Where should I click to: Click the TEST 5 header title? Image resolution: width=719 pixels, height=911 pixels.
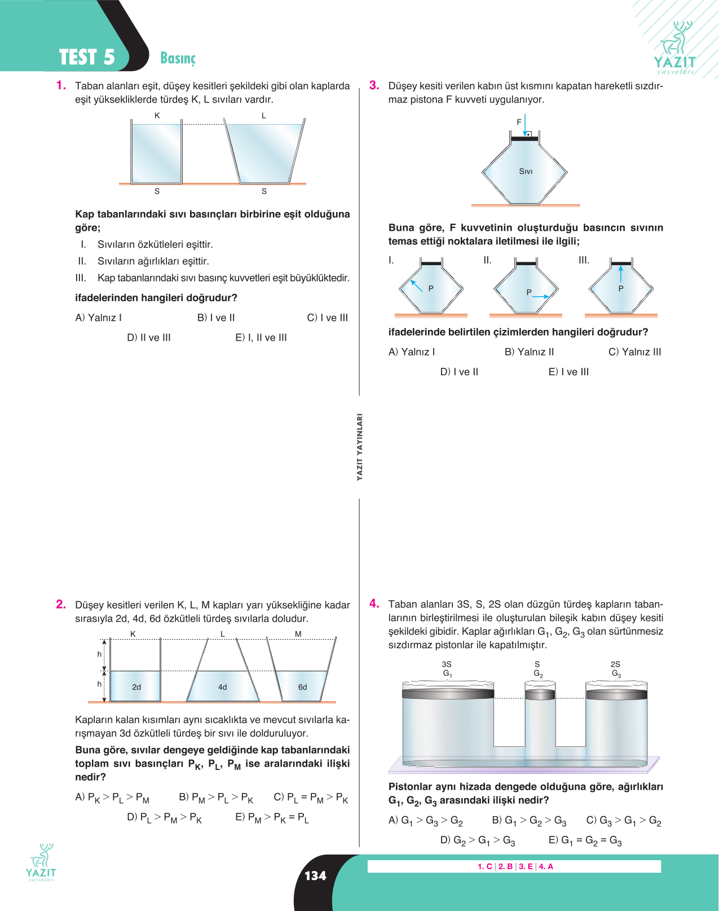click(x=87, y=57)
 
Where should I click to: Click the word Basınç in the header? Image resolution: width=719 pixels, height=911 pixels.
click(x=178, y=58)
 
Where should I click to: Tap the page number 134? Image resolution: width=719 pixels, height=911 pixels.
click(x=315, y=875)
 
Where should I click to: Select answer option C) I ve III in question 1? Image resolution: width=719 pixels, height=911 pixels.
click(x=327, y=318)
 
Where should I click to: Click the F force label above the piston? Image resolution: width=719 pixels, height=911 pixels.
click(x=519, y=122)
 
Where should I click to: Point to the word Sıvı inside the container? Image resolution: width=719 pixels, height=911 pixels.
click(x=526, y=171)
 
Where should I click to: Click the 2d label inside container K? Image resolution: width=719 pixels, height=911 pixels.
click(x=136, y=687)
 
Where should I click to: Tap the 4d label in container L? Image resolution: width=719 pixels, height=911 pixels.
click(x=223, y=687)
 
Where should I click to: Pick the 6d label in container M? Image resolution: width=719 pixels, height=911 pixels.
click(x=303, y=687)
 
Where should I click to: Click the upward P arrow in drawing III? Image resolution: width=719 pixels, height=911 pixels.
click(x=620, y=274)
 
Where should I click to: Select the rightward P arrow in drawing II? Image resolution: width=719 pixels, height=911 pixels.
click(x=540, y=297)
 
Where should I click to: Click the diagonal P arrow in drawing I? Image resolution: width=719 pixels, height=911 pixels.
click(x=416, y=285)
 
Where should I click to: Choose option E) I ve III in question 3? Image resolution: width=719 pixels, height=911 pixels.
click(x=568, y=372)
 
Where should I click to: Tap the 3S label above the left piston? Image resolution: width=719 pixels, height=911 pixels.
click(x=447, y=664)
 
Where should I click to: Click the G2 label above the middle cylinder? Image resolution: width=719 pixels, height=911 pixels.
click(x=538, y=674)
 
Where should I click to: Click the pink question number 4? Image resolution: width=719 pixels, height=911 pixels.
click(x=374, y=603)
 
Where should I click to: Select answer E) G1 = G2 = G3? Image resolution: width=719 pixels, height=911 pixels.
click(x=585, y=840)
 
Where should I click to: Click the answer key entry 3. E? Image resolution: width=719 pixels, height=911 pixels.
click(x=526, y=866)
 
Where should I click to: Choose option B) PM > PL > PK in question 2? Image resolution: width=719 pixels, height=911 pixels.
click(x=216, y=798)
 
